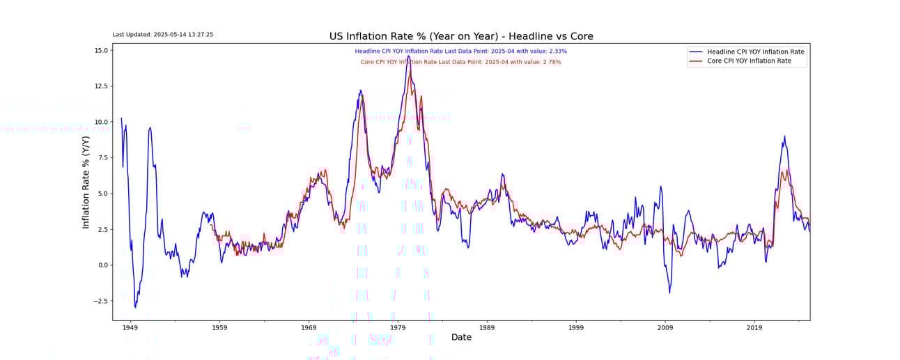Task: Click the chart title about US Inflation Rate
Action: point(461,36)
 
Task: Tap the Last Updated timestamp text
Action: point(163,34)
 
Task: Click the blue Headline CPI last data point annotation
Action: point(460,51)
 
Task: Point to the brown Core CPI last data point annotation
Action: point(460,62)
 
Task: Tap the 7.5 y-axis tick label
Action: point(102,158)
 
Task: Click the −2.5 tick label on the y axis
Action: point(100,301)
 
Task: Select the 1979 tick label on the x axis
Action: point(398,327)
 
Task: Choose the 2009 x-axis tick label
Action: point(665,327)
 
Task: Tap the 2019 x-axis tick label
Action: point(754,327)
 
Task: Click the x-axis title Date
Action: point(461,337)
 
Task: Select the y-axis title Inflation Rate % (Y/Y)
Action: point(86,182)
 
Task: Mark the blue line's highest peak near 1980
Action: point(409,56)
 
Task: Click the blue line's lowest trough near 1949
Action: point(135,307)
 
